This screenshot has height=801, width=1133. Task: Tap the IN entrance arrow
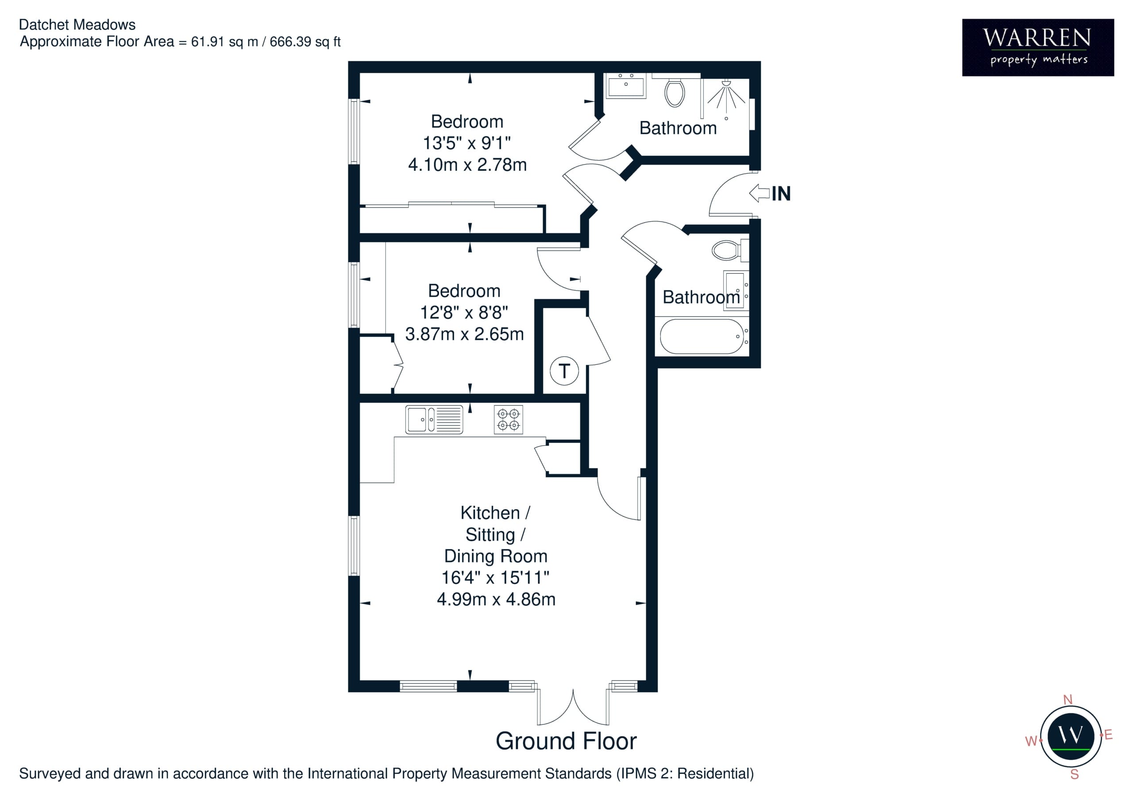coord(759,193)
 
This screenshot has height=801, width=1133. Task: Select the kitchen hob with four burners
coord(508,419)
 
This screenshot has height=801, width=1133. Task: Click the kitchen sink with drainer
coord(434,420)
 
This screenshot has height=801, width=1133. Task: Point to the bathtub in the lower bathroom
coord(702,337)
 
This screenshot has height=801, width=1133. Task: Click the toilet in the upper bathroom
coord(674,92)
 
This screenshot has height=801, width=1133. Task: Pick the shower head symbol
coord(726,96)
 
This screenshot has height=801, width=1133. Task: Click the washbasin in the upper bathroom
coord(626,86)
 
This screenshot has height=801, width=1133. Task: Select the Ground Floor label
coord(566,741)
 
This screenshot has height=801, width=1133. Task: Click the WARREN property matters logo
coord(1038,47)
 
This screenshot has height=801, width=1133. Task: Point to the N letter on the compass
coord(1068,700)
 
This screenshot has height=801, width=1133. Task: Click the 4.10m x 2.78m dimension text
coord(467,164)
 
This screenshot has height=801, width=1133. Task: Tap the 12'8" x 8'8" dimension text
coord(464,313)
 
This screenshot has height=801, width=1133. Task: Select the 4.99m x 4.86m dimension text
coord(496,599)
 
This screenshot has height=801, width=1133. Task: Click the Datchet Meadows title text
coord(77,25)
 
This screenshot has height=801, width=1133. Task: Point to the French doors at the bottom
coord(573,707)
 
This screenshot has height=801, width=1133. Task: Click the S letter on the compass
coord(1074,774)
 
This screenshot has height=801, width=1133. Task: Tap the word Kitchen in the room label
coord(490,513)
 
